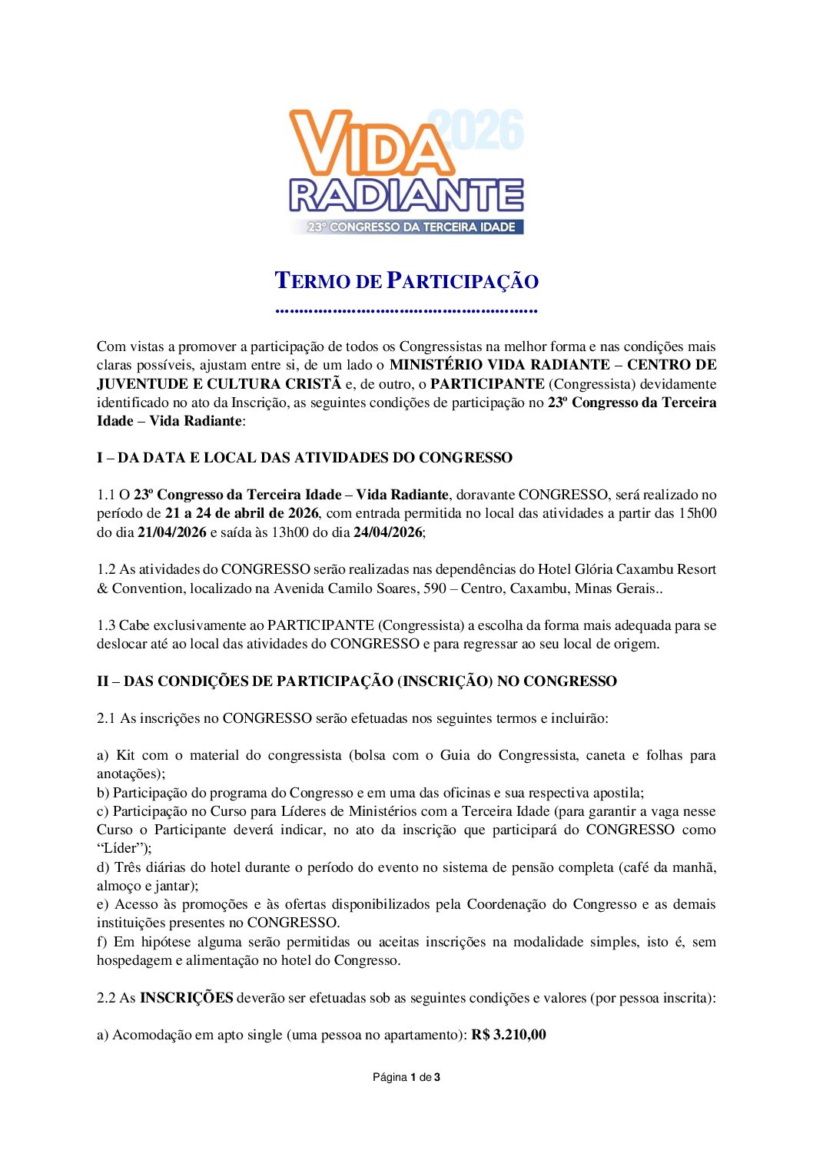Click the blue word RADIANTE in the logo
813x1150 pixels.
tap(406, 196)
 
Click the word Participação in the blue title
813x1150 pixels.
tap(462, 281)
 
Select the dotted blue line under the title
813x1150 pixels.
tap(406, 310)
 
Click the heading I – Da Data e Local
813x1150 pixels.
tap(304, 458)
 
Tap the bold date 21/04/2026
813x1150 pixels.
tap(171, 532)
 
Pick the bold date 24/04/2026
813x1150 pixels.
tap(387, 532)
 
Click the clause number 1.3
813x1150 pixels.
tap(106, 625)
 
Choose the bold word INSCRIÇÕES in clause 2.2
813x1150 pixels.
tap(186, 998)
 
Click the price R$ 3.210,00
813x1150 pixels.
tap(509, 1035)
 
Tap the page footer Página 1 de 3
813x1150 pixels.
tap(406, 1077)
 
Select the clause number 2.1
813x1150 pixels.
tap(106, 718)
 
